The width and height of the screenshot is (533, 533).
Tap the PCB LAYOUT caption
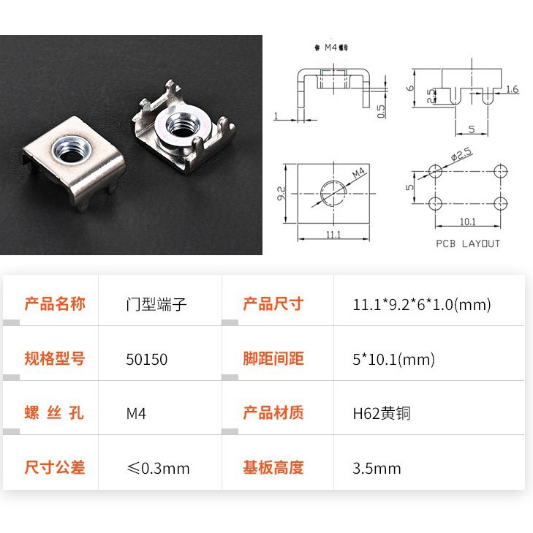468,243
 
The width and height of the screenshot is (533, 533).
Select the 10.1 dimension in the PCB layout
466,222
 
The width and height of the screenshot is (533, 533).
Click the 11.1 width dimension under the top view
333,235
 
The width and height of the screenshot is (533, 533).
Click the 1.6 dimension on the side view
512,89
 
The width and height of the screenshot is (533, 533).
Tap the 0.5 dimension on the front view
381,110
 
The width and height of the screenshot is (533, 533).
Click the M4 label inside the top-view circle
357,174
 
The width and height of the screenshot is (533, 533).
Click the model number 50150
147,359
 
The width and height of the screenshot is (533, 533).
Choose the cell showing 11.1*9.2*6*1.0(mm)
421,304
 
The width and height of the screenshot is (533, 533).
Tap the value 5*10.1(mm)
393,359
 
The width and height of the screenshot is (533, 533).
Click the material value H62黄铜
382,413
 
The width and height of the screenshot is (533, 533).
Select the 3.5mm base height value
377,468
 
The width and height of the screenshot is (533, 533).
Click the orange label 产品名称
55,304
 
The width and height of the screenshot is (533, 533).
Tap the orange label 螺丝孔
55,413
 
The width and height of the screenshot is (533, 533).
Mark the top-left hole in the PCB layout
436,172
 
